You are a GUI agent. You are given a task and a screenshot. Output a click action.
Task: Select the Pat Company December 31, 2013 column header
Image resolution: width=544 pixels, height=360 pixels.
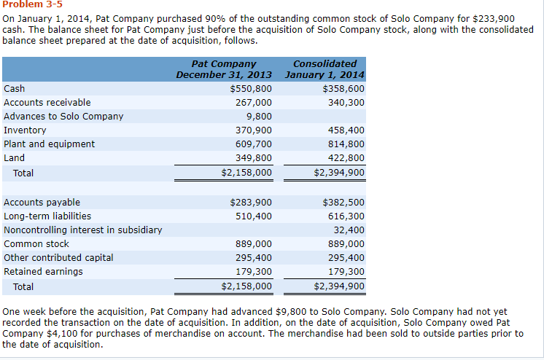224,69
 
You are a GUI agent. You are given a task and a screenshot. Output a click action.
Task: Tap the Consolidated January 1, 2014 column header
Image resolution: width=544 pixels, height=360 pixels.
325,69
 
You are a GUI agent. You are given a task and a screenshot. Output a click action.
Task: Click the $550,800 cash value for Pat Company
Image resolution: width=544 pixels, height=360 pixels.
251,89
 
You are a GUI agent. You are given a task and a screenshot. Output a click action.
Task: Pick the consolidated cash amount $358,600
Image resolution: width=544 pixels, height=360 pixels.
343,89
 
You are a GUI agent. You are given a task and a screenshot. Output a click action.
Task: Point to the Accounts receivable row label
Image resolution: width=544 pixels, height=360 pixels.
47,103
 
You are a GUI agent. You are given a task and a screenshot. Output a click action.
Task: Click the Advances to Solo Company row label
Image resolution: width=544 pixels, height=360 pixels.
63,117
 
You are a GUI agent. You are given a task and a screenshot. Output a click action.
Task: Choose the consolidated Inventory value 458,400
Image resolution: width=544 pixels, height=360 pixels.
347,130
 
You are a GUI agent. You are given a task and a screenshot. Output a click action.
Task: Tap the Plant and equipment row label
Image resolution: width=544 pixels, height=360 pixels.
49,144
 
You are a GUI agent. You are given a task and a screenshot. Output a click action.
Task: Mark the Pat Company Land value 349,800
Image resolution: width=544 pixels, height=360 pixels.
254,158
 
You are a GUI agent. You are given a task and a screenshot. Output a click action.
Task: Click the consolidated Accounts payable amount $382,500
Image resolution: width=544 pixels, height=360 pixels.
343,203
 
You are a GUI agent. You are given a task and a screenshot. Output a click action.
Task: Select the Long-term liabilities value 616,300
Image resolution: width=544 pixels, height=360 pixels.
347,216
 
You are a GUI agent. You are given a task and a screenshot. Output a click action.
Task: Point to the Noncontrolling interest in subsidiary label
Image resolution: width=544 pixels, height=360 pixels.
83,230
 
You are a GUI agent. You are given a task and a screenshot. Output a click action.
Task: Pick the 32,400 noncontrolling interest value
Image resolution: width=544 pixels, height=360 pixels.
350,230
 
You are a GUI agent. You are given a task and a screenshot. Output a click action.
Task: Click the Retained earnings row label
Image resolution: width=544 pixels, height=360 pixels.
43,272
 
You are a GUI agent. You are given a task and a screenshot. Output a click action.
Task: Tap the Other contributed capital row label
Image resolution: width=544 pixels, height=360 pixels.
58,258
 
